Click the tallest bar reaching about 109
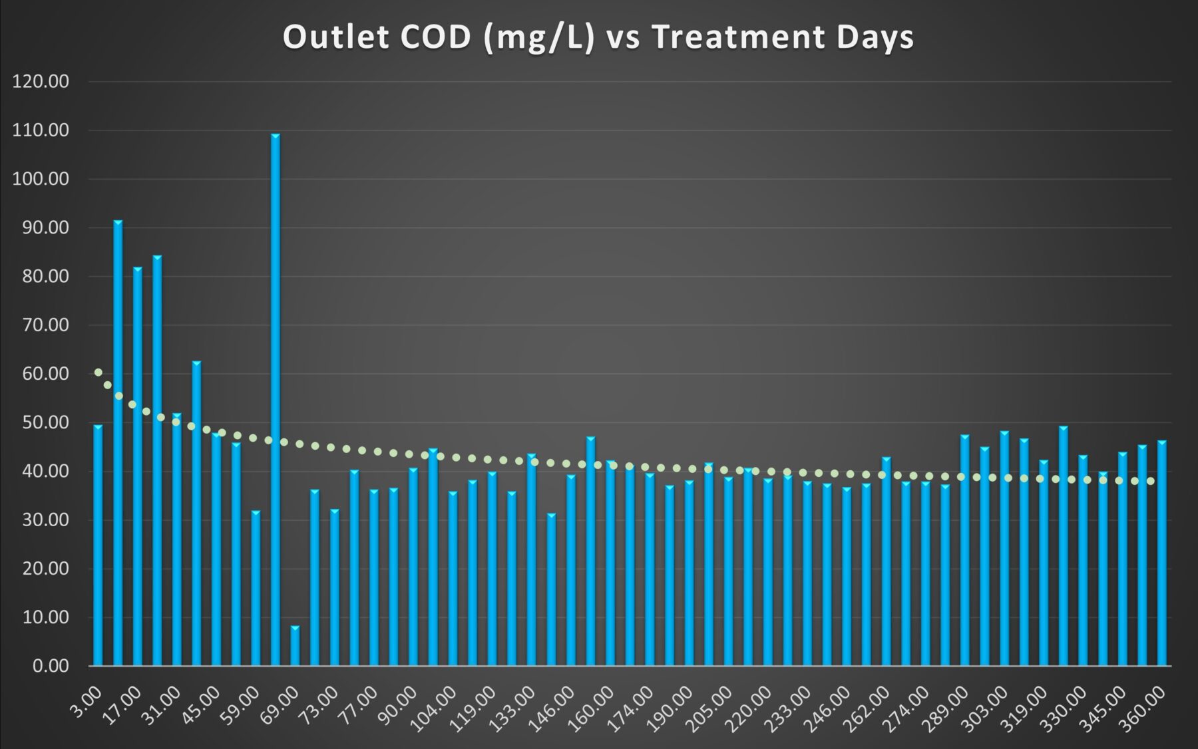[x=275, y=399]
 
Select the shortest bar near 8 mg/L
[x=295, y=645]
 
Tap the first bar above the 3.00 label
[x=98, y=545]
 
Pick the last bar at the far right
[x=1161, y=552]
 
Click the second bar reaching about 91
[x=118, y=442]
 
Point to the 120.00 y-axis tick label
[x=41, y=82]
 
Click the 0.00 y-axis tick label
[x=51, y=666]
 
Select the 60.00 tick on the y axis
[x=41, y=374]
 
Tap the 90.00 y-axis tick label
[x=41, y=227]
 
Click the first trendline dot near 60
[x=99, y=373]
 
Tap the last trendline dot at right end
[x=1150, y=481]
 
